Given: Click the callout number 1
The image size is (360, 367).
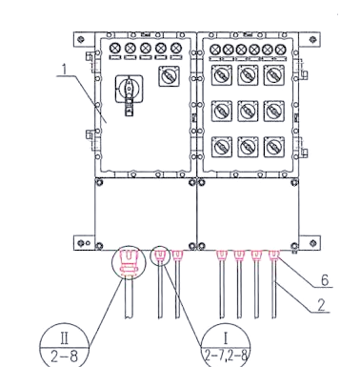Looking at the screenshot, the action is (x=65, y=70).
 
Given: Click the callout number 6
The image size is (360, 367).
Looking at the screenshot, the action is (x=325, y=280).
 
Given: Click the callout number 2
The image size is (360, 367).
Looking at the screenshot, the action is (x=322, y=305).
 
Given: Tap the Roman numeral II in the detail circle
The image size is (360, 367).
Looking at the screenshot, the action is (x=64, y=338).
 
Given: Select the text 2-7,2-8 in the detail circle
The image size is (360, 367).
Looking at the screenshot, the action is (x=226, y=356).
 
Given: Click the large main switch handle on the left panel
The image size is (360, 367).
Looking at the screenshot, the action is (x=129, y=94).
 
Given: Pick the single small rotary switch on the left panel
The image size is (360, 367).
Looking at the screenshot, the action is (x=170, y=76).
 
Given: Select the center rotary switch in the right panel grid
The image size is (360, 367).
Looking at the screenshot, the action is (x=248, y=111).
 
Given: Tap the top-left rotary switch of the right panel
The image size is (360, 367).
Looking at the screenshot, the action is (x=222, y=75).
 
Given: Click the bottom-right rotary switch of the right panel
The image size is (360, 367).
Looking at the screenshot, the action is (x=274, y=147).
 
